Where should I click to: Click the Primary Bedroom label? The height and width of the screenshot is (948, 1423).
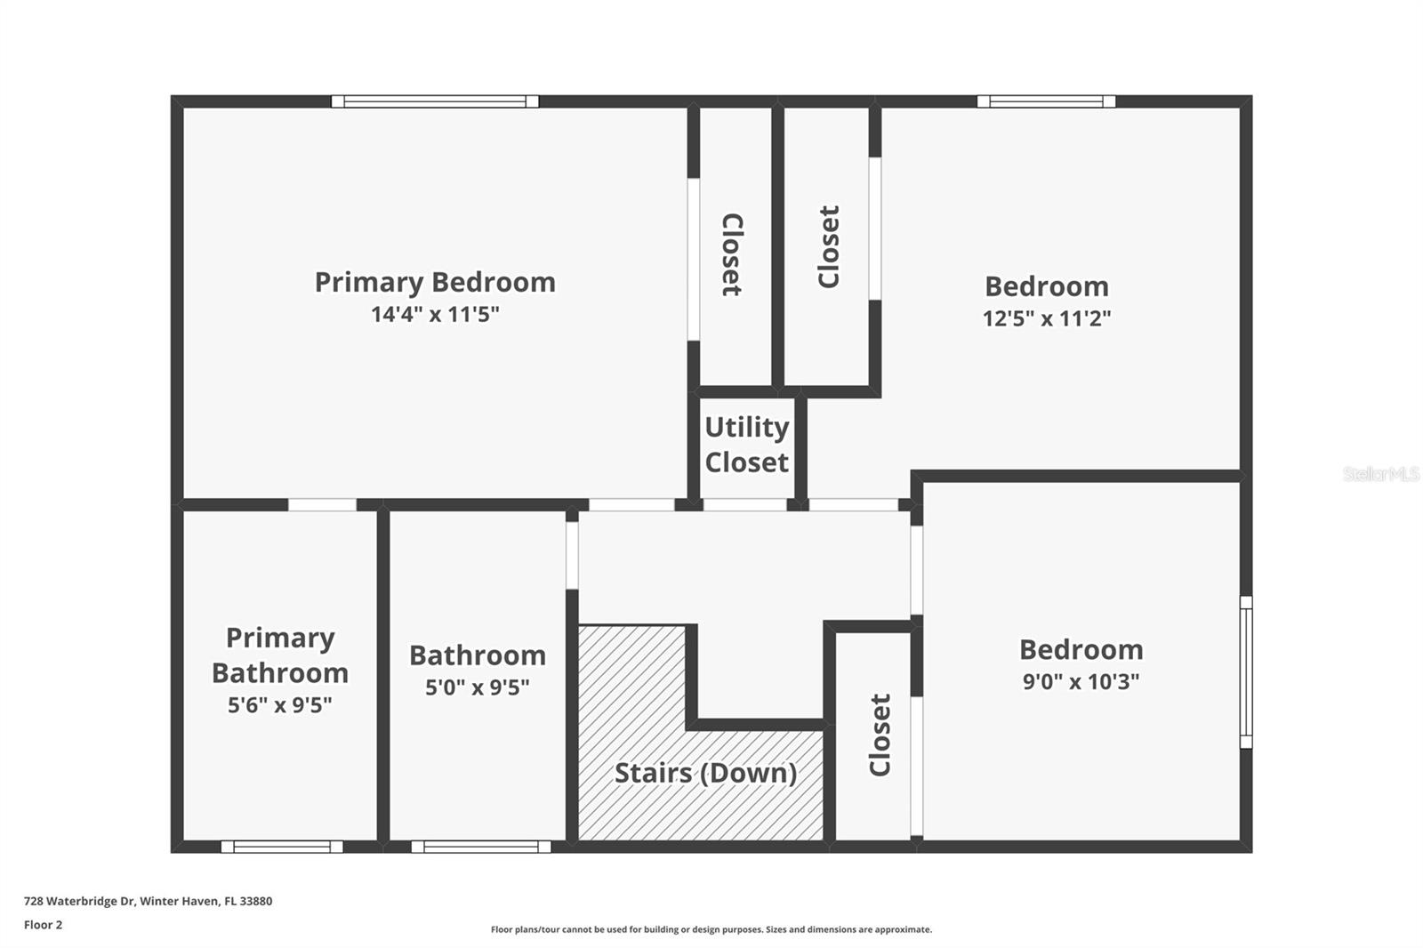click(x=435, y=282)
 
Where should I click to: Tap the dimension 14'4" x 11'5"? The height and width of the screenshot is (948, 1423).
click(x=435, y=314)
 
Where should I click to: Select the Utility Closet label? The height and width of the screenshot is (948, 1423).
click(x=746, y=445)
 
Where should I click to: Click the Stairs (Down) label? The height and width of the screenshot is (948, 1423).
click(x=705, y=772)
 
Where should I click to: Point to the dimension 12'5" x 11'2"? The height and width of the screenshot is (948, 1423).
click(x=1047, y=318)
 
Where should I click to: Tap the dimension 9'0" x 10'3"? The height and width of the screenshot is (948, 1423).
click(x=1081, y=681)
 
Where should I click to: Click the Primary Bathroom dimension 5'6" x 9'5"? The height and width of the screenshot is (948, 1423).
click(x=279, y=704)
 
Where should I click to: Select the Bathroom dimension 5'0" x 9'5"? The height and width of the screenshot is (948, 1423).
click(x=477, y=687)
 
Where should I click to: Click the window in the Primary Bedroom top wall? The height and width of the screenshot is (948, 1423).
click(x=435, y=101)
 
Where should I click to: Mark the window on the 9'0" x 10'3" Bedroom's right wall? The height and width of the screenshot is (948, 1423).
click(x=1246, y=672)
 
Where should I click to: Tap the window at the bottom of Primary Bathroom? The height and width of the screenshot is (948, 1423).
click(x=282, y=847)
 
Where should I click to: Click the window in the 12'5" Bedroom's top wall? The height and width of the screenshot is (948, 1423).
click(x=1046, y=101)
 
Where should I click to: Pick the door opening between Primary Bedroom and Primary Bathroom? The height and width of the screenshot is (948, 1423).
click(x=322, y=504)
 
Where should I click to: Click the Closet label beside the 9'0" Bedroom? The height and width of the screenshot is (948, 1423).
click(x=880, y=735)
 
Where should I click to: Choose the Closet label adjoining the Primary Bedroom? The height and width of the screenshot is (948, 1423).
click(x=731, y=255)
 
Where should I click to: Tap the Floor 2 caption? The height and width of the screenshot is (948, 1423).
click(x=43, y=925)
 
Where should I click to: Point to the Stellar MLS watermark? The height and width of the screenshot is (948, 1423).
click(x=1380, y=474)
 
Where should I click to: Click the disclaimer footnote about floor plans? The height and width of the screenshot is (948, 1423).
click(x=711, y=929)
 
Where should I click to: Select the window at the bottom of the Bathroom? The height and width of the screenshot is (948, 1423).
click(x=481, y=847)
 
